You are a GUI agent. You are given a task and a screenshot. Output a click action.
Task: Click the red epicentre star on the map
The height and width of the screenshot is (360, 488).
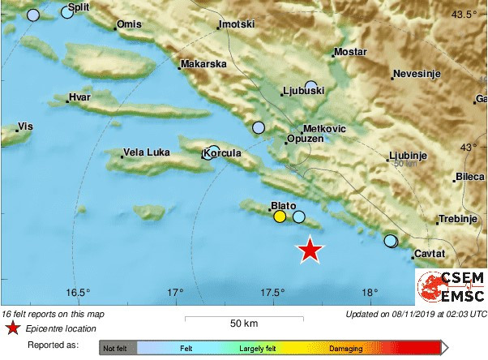(310, 250)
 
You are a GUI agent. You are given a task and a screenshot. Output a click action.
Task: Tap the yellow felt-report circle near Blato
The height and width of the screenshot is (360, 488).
(280, 216)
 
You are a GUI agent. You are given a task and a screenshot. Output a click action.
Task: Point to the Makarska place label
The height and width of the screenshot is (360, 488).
(203, 63)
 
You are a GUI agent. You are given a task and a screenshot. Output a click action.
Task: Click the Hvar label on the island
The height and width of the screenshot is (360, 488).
(79, 97)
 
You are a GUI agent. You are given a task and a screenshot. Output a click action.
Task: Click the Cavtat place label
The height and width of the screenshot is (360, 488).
(430, 255)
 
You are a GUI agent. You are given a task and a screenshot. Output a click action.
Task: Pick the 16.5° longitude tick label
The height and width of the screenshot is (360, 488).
(77, 293)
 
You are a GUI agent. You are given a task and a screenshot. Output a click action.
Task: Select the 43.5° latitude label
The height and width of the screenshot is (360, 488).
(465, 15)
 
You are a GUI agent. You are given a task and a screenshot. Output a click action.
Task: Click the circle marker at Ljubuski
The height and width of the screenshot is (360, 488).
(312, 86)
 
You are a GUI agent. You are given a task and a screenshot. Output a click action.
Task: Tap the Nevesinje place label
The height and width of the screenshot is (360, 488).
(416, 75)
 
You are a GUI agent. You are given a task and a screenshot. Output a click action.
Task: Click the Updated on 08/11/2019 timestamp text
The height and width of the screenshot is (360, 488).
(416, 314)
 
